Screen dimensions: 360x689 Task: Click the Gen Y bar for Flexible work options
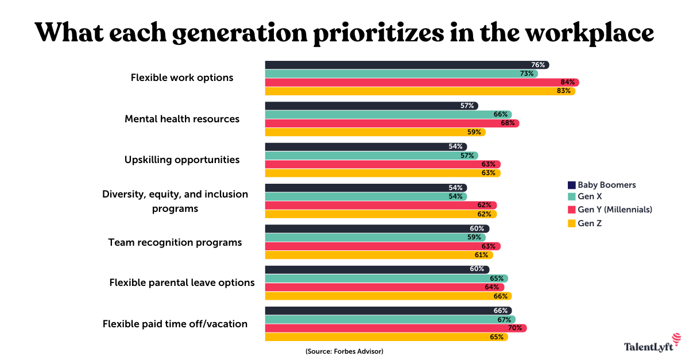pyautogui.click(x=421, y=83)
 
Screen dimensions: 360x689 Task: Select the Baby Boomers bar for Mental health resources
pyautogui.click(x=371, y=106)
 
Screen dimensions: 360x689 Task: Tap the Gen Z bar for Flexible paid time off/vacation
pyautogui.click(x=386, y=337)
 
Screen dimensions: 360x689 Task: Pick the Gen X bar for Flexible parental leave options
pyautogui.click(x=386, y=278)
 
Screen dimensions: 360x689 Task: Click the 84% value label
pyautogui.click(x=568, y=83)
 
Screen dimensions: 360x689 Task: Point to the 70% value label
pyautogui.click(x=516, y=328)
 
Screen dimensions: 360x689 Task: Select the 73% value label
pyautogui.click(x=527, y=73)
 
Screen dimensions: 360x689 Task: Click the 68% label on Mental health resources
pyautogui.click(x=509, y=123)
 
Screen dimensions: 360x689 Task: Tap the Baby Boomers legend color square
pyautogui.click(x=571, y=185)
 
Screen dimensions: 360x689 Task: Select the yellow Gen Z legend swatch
pyautogui.click(x=571, y=223)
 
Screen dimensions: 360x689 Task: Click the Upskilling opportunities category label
pyautogui.click(x=182, y=160)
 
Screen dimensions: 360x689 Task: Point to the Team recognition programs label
pyautogui.click(x=175, y=242)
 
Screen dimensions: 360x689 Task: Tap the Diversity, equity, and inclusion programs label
pyautogui.click(x=175, y=201)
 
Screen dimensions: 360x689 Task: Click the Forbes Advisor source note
pyautogui.click(x=344, y=351)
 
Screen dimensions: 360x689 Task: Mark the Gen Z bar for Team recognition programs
pyautogui.click(x=378, y=255)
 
